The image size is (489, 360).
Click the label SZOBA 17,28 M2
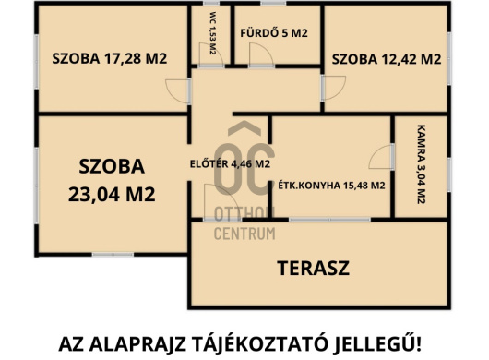(x=109, y=58)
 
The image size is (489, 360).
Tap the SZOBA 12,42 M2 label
(x=387, y=58)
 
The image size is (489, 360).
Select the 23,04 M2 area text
(x=111, y=194)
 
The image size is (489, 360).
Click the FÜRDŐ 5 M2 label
(x=274, y=34)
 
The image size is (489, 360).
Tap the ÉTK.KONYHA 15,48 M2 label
(x=331, y=185)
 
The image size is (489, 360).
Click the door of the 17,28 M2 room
(x=175, y=91)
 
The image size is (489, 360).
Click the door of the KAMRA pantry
(x=381, y=158)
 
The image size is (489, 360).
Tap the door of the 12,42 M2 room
(x=328, y=88)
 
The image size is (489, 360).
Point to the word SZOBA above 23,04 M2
(x=111, y=167)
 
